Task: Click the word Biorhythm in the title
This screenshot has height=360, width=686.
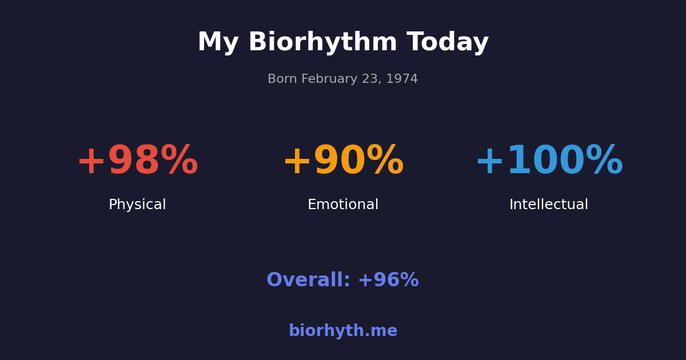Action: click(322, 43)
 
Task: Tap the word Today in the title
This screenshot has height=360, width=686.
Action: click(448, 43)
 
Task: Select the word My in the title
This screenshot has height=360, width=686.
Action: click(218, 43)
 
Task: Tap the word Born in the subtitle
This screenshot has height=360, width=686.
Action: click(282, 79)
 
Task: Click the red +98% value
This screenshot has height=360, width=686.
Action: click(137, 162)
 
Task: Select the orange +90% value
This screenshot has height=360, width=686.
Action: click(343, 162)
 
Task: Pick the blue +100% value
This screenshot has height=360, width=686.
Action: click(549, 162)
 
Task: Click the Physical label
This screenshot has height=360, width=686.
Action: click(137, 205)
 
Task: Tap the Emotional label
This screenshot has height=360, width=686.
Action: click(343, 205)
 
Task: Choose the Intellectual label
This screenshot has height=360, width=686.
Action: click(549, 205)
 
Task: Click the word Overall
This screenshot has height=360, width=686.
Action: click(308, 281)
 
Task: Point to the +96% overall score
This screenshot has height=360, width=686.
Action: click(388, 281)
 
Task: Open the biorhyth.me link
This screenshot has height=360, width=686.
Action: click(343, 331)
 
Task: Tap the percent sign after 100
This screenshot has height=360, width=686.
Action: click(604, 162)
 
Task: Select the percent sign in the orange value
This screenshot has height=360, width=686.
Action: click(385, 162)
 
